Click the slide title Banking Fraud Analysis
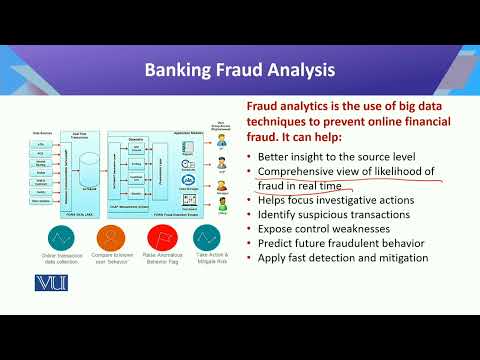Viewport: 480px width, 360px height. pos(240,70)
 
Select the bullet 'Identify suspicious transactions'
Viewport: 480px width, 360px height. pos(335,214)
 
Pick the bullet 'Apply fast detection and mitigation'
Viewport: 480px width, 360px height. pos(343,257)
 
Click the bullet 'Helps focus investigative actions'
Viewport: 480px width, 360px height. pos(335,200)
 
